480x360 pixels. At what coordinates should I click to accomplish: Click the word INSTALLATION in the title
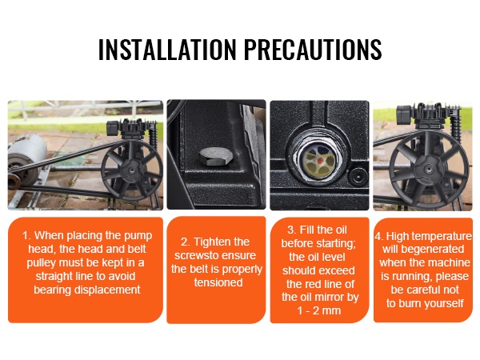[167, 49]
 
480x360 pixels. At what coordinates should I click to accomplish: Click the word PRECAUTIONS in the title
[313, 49]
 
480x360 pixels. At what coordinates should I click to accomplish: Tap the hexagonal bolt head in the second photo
[214, 157]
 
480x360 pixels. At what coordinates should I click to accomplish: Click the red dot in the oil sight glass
[319, 161]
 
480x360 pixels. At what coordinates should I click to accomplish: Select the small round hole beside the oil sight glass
[358, 177]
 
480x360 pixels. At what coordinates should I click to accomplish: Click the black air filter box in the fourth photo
[404, 114]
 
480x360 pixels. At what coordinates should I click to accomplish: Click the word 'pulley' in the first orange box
[41, 263]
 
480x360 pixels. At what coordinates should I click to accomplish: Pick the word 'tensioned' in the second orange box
[218, 282]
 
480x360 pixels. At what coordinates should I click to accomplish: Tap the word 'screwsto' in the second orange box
[195, 255]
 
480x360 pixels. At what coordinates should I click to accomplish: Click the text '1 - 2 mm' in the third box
[319, 310]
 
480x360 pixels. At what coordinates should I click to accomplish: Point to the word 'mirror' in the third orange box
[329, 297]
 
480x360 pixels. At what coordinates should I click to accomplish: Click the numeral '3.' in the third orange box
[292, 230]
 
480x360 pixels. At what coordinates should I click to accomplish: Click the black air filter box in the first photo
[113, 128]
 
